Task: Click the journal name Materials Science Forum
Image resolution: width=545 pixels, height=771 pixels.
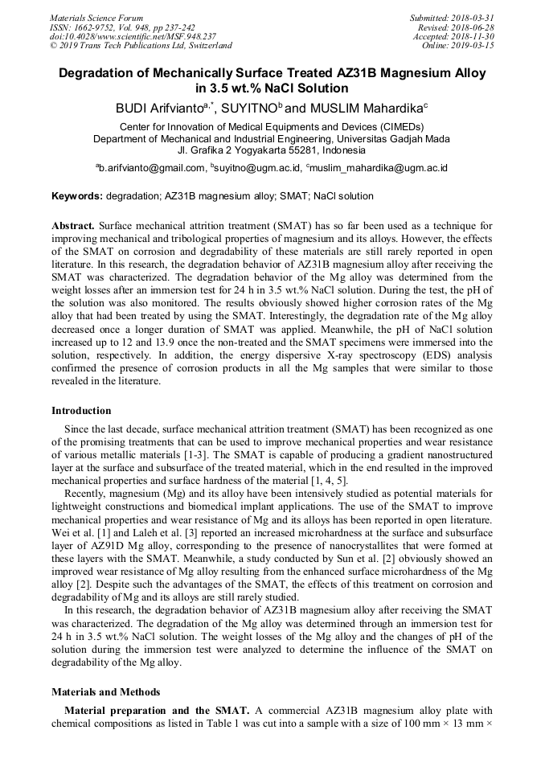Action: (x=96, y=18)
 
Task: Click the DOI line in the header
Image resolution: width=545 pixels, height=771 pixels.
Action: (x=133, y=37)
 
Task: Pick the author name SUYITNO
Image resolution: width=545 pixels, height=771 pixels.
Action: (x=246, y=107)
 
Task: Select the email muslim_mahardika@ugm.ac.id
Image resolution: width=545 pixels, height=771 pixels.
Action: (x=379, y=168)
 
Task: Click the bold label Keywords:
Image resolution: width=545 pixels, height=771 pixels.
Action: (x=77, y=196)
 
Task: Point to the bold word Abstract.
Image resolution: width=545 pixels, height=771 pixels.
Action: (x=73, y=227)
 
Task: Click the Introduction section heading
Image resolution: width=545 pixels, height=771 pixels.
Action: (x=81, y=411)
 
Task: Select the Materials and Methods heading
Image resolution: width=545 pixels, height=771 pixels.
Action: (x=105, y=691)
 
